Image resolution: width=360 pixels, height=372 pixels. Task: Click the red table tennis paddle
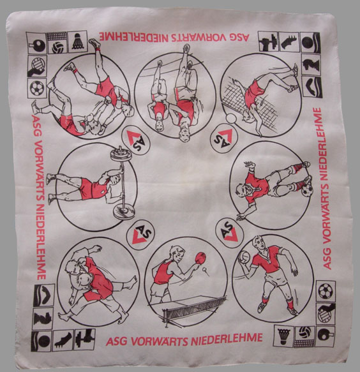(x=201, y=258)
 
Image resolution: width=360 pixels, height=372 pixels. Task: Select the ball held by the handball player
(x=244, y=257)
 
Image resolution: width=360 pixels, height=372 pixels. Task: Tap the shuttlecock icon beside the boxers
(x=78, y=41)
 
